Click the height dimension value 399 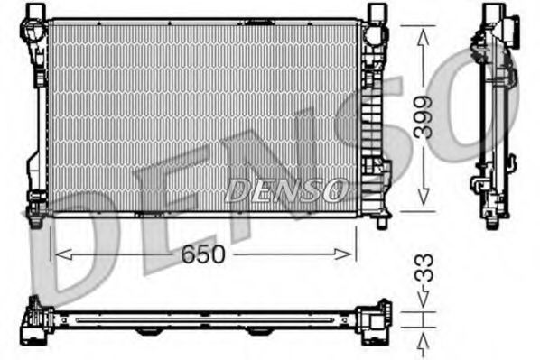(x=424, y=115)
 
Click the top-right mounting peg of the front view (x=377, y=11)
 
